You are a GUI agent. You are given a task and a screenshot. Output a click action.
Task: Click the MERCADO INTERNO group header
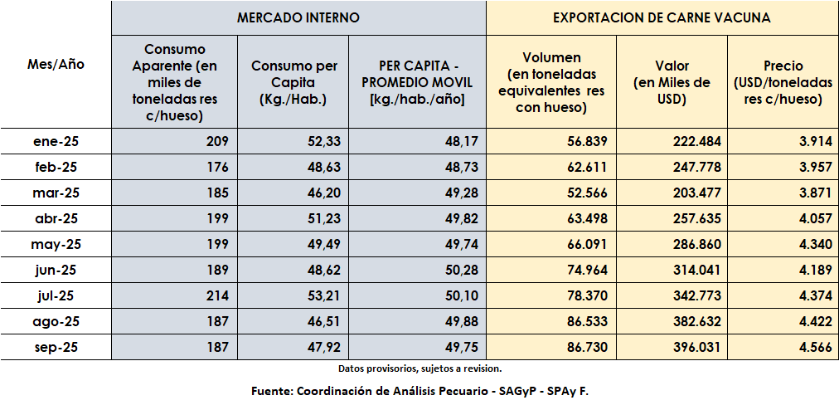298,17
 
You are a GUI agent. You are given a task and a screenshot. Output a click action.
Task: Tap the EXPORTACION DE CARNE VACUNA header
662,17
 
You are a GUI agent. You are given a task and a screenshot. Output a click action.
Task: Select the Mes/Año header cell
56,64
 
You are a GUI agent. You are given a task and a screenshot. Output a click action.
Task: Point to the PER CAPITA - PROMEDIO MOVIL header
417,82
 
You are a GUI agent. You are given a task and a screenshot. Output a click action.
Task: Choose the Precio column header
783,82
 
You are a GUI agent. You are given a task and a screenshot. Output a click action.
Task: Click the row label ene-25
56,142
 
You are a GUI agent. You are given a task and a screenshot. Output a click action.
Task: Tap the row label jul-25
56,296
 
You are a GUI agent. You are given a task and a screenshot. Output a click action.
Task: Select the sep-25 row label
56,348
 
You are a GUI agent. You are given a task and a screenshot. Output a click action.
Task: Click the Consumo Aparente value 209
216,142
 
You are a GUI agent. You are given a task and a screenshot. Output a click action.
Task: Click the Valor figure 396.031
694,348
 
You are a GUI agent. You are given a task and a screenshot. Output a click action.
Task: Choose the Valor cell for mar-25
694,193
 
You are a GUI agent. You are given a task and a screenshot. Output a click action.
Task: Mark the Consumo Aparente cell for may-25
216,245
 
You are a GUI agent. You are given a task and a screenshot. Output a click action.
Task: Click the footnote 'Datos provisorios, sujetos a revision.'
419,368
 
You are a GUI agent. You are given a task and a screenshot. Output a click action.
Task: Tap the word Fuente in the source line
271,390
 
